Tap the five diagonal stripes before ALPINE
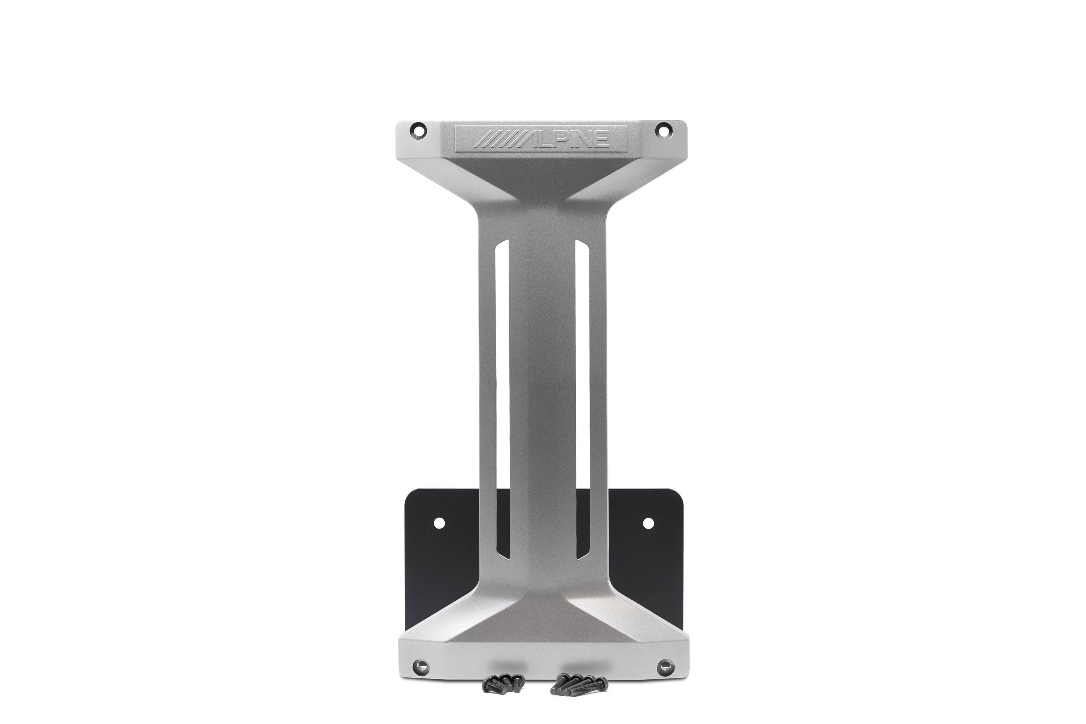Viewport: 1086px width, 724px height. click(494, 139)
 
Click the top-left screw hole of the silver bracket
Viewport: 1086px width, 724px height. click(418, 129)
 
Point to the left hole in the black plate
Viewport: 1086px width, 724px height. click(439, 523)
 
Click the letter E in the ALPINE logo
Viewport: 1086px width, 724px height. click(601, 139)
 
